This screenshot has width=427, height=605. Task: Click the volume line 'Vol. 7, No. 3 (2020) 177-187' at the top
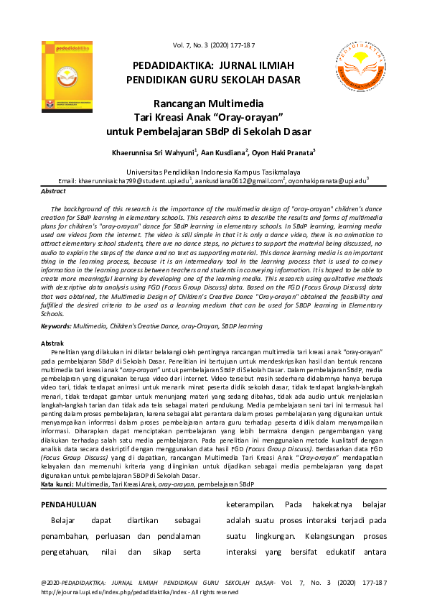click(x=214, y=46)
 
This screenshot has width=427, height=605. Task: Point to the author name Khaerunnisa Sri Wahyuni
click(x=154, y=153)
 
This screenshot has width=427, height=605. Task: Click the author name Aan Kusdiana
click(x=224, y=153)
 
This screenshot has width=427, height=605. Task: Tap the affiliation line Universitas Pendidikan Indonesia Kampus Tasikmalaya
click(x=213, y=172)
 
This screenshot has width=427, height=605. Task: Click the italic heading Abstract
click(x=53, y=192)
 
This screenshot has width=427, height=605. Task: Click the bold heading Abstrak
click(x=53, y=343)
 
